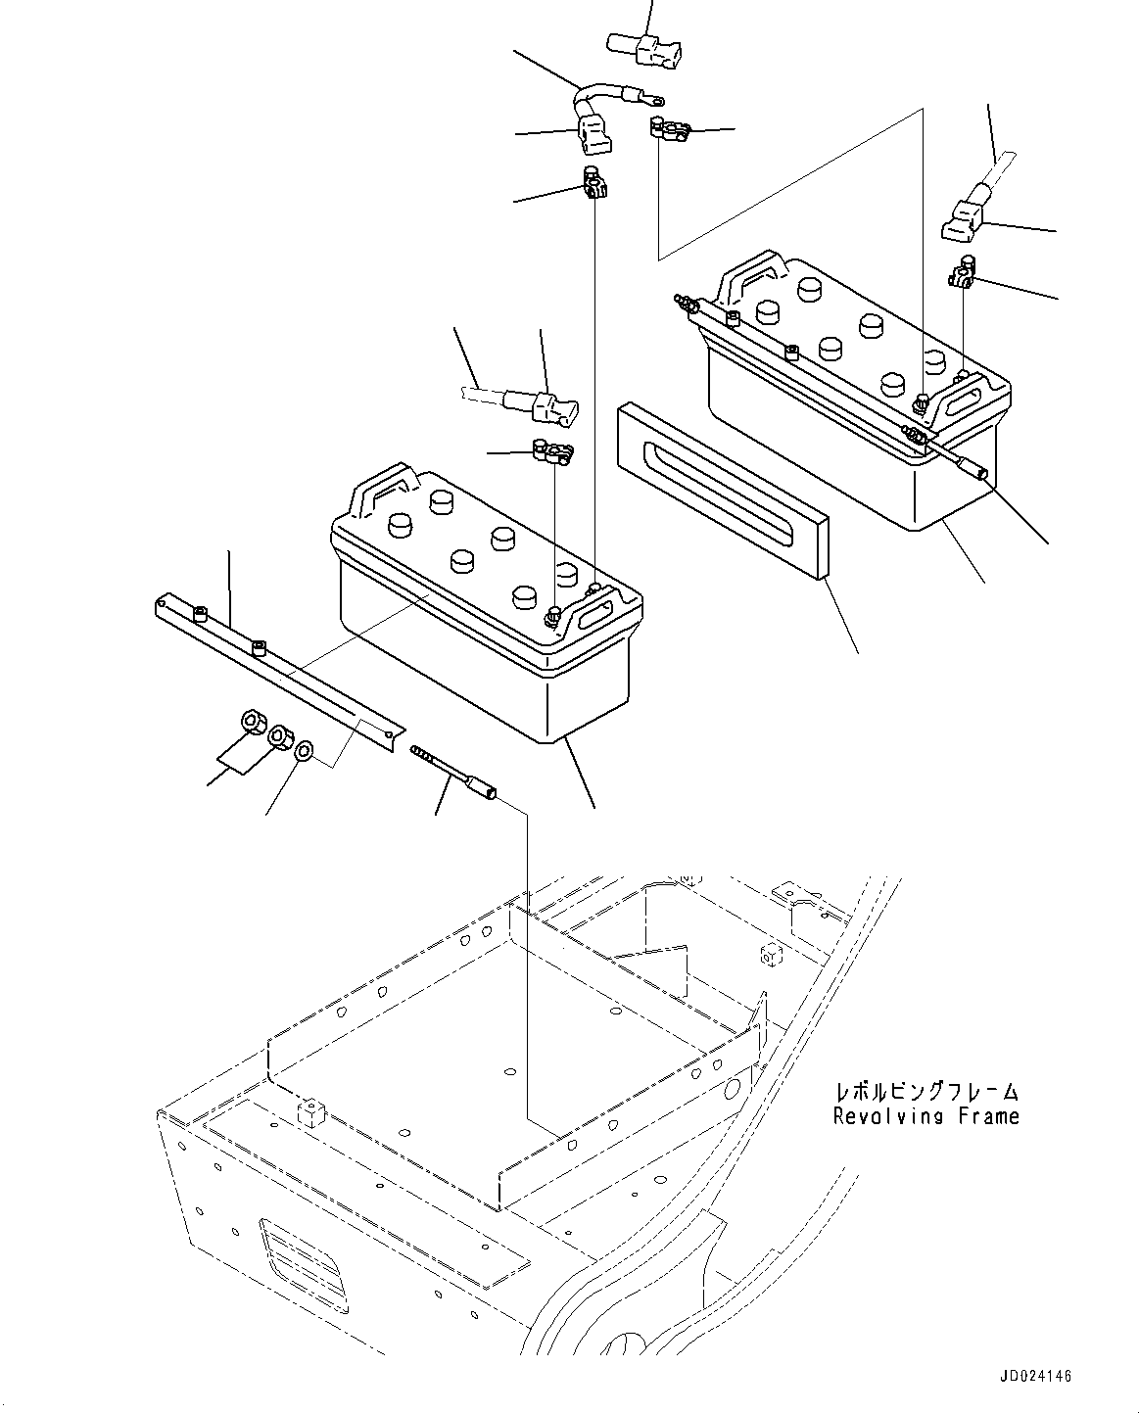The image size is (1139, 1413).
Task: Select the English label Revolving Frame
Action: pos(925,1115)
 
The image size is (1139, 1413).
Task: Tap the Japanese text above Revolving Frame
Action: pos(925,1091)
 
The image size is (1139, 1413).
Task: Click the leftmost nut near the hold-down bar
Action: pos(251,724)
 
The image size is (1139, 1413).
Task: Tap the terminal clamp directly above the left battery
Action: pos(550,451)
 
